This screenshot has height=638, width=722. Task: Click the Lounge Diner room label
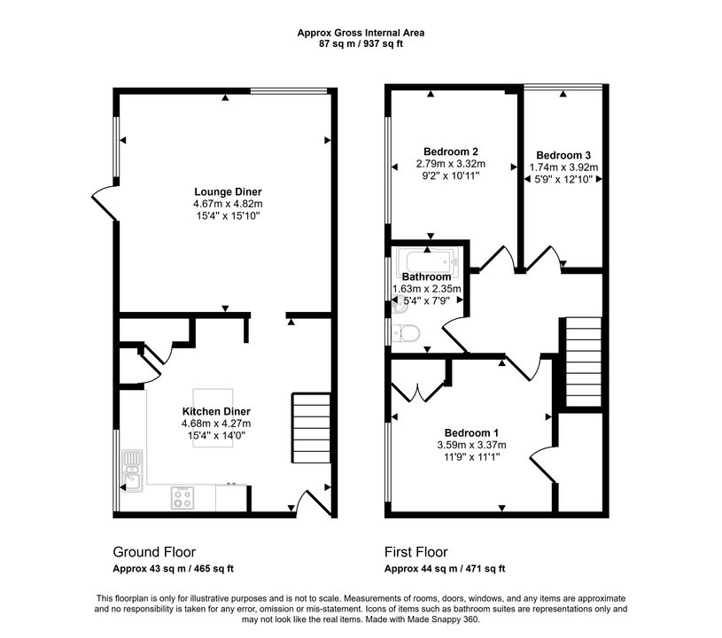click(x=228, y=191)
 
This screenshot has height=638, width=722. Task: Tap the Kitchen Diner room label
click(x=216, y=411)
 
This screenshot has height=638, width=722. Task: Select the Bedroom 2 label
click(x=451, y=152)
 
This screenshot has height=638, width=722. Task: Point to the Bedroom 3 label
click(x=563, y=155)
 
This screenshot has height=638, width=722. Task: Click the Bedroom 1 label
click(x=471, y=433)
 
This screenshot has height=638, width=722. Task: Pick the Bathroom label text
click(x=426, y=276)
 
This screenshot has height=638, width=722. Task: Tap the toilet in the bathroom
click(x=406, y=332)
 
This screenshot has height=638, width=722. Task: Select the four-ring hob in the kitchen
click(x=182, y=497)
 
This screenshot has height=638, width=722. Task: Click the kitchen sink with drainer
click(x=133, y=471)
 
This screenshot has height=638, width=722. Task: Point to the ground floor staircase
click(x=311, y=427)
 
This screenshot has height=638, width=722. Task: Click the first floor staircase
click(x=584, y=362)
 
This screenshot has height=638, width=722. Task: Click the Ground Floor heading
click(x=154, y=552)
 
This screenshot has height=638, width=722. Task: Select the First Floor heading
click(x=416, y=552)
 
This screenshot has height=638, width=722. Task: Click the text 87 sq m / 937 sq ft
click(x=361, y=44)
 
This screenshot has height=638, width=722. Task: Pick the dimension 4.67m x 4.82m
click(x=228, y=204)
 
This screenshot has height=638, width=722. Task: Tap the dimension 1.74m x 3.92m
click(x=563, y=167)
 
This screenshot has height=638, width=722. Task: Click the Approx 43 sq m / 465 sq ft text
click(x=173, y=569)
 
